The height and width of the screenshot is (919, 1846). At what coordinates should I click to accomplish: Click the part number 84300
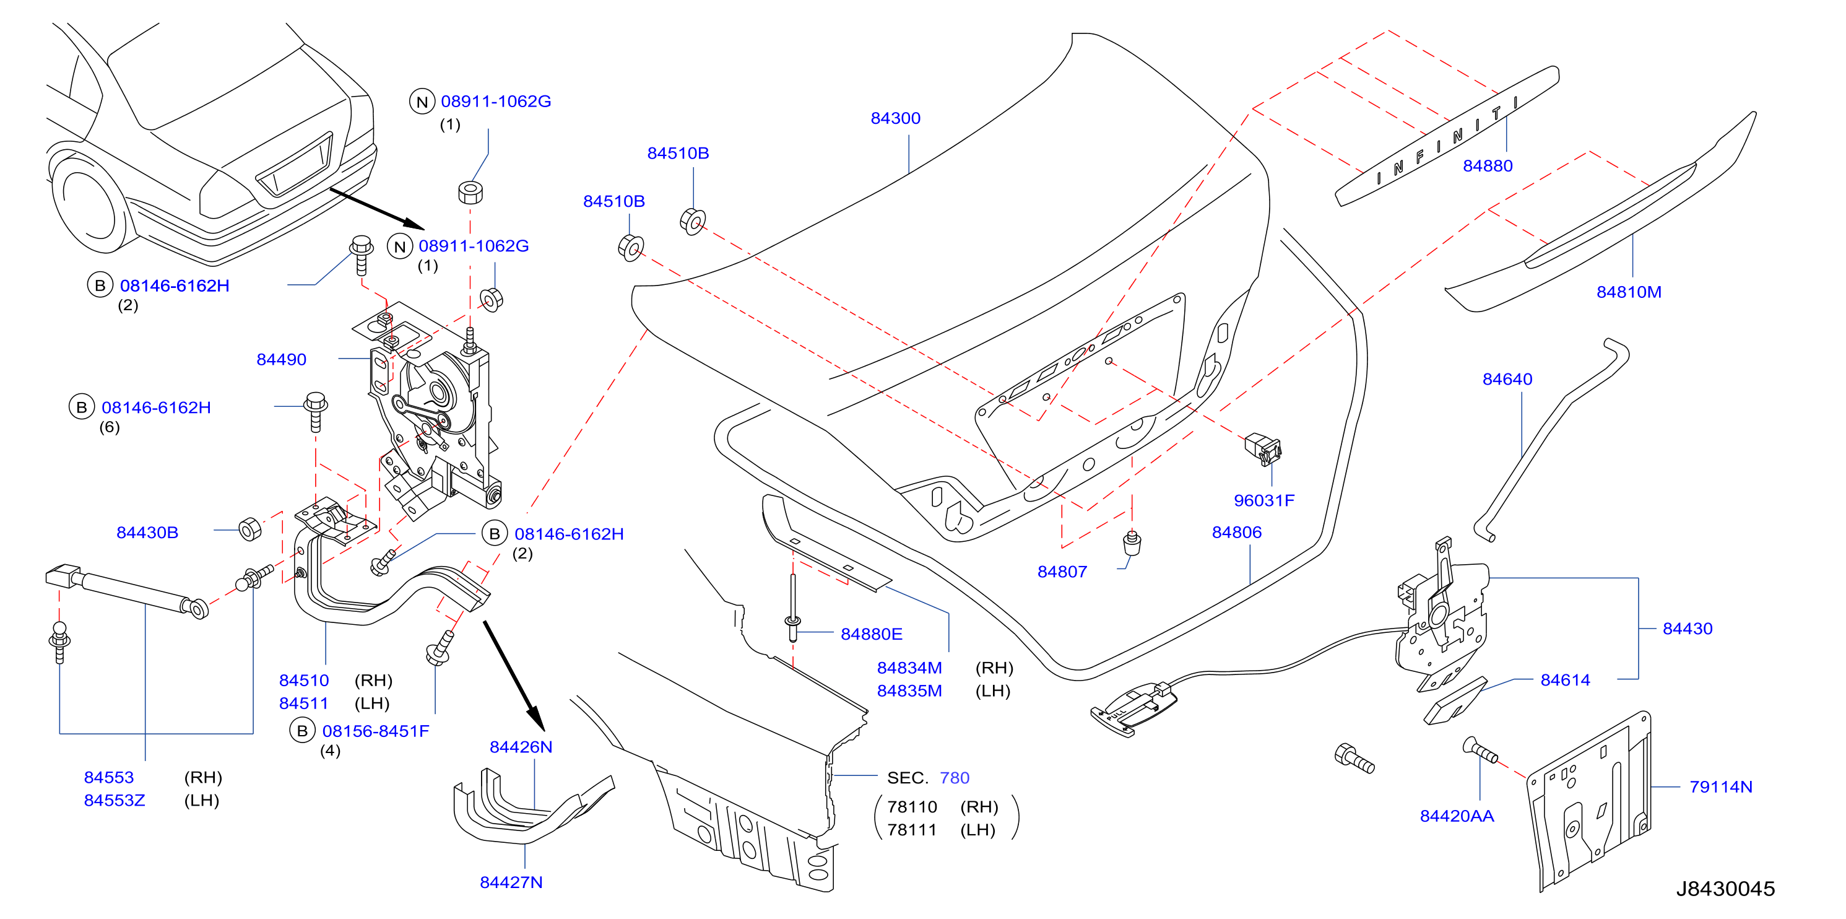895,118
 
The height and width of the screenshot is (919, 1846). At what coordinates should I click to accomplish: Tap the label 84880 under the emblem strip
1488,165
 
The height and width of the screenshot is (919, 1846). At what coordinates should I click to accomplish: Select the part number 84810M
1628,292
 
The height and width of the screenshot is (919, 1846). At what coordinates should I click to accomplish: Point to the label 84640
1507,379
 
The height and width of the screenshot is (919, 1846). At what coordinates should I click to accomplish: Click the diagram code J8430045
1725,889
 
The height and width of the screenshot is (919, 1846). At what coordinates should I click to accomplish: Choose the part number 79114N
1720,786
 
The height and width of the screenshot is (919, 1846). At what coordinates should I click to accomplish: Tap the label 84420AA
1457,816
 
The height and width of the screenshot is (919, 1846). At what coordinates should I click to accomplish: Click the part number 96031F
1264,500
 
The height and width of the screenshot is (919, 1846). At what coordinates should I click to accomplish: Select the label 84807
1062,572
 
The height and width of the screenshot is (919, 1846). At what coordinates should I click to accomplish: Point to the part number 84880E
872,634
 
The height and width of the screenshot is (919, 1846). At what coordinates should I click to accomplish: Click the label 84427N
511,882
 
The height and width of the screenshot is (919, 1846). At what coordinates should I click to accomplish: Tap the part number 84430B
147,532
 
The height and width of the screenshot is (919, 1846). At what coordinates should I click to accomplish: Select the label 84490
281,359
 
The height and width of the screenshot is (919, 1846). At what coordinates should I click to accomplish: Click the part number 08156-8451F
376,731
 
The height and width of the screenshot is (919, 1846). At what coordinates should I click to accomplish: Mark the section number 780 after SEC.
954,778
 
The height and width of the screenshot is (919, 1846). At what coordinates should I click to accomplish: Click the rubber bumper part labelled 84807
1132,542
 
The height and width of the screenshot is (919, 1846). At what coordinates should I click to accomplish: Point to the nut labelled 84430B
250,529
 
